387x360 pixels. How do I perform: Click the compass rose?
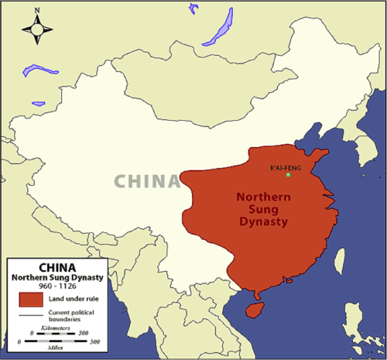coord(37,29)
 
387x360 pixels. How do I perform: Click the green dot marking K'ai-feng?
coord(289,174)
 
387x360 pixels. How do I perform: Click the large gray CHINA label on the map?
coord(147,181)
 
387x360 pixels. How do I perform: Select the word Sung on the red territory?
coord(262,209)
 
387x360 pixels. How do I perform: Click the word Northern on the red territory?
coord(262,197)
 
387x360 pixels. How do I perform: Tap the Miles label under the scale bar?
coord(58,347)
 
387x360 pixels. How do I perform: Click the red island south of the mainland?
coord(252,308)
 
